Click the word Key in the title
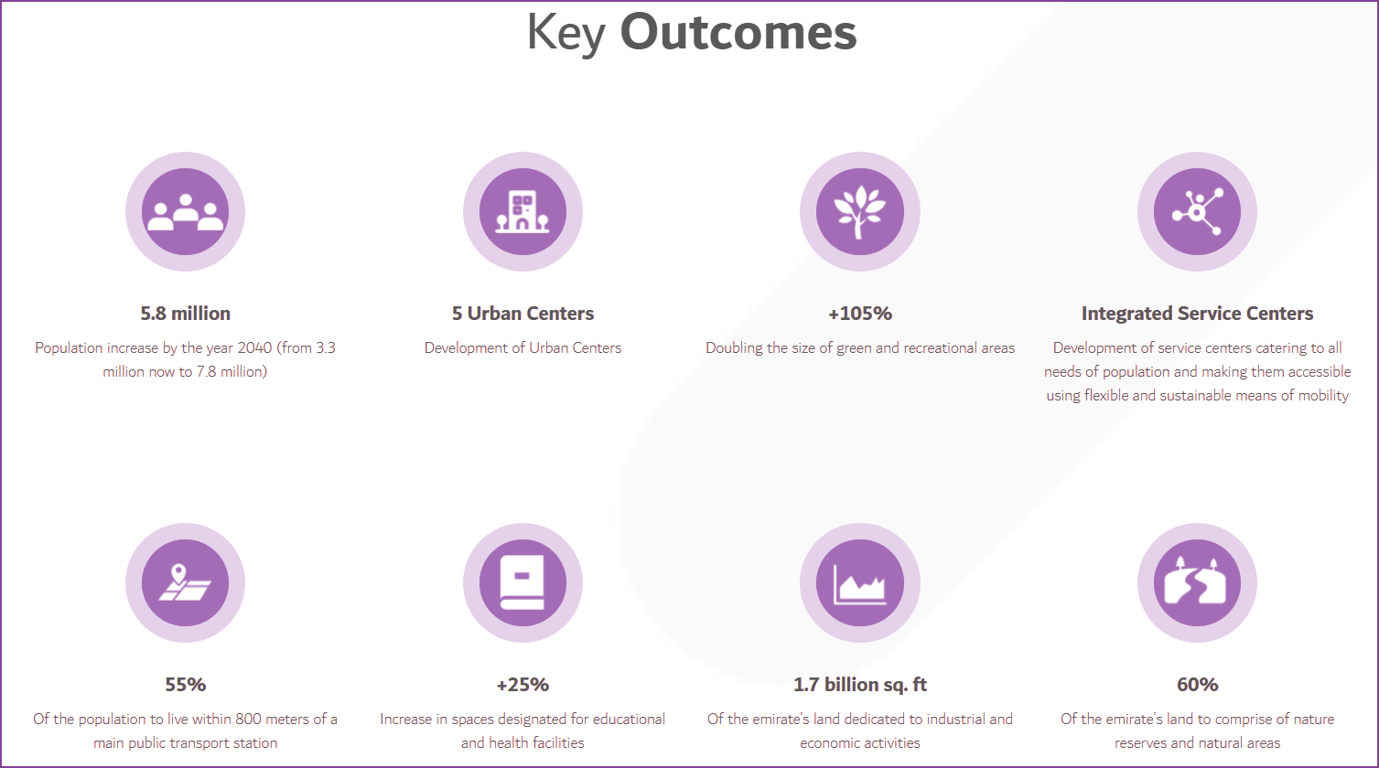click(566, 33)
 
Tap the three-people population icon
click(185, 212)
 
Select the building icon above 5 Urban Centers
click(523, 212)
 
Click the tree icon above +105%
click(859, 212)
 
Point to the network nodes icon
click(1197, 212)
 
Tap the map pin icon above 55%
click(185, 583)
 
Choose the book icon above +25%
click(523, 583)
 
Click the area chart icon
click(859, 583)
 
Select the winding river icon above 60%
click(1197, 583)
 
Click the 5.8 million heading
click(185, 314)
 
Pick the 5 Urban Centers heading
click(523, 314)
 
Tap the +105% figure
click(859, 314)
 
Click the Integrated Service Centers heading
click(1197, 314)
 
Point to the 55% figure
click(185, 685)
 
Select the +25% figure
click(523, 685)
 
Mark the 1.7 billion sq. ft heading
click(859, 685)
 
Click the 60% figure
click(1197, 685)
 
